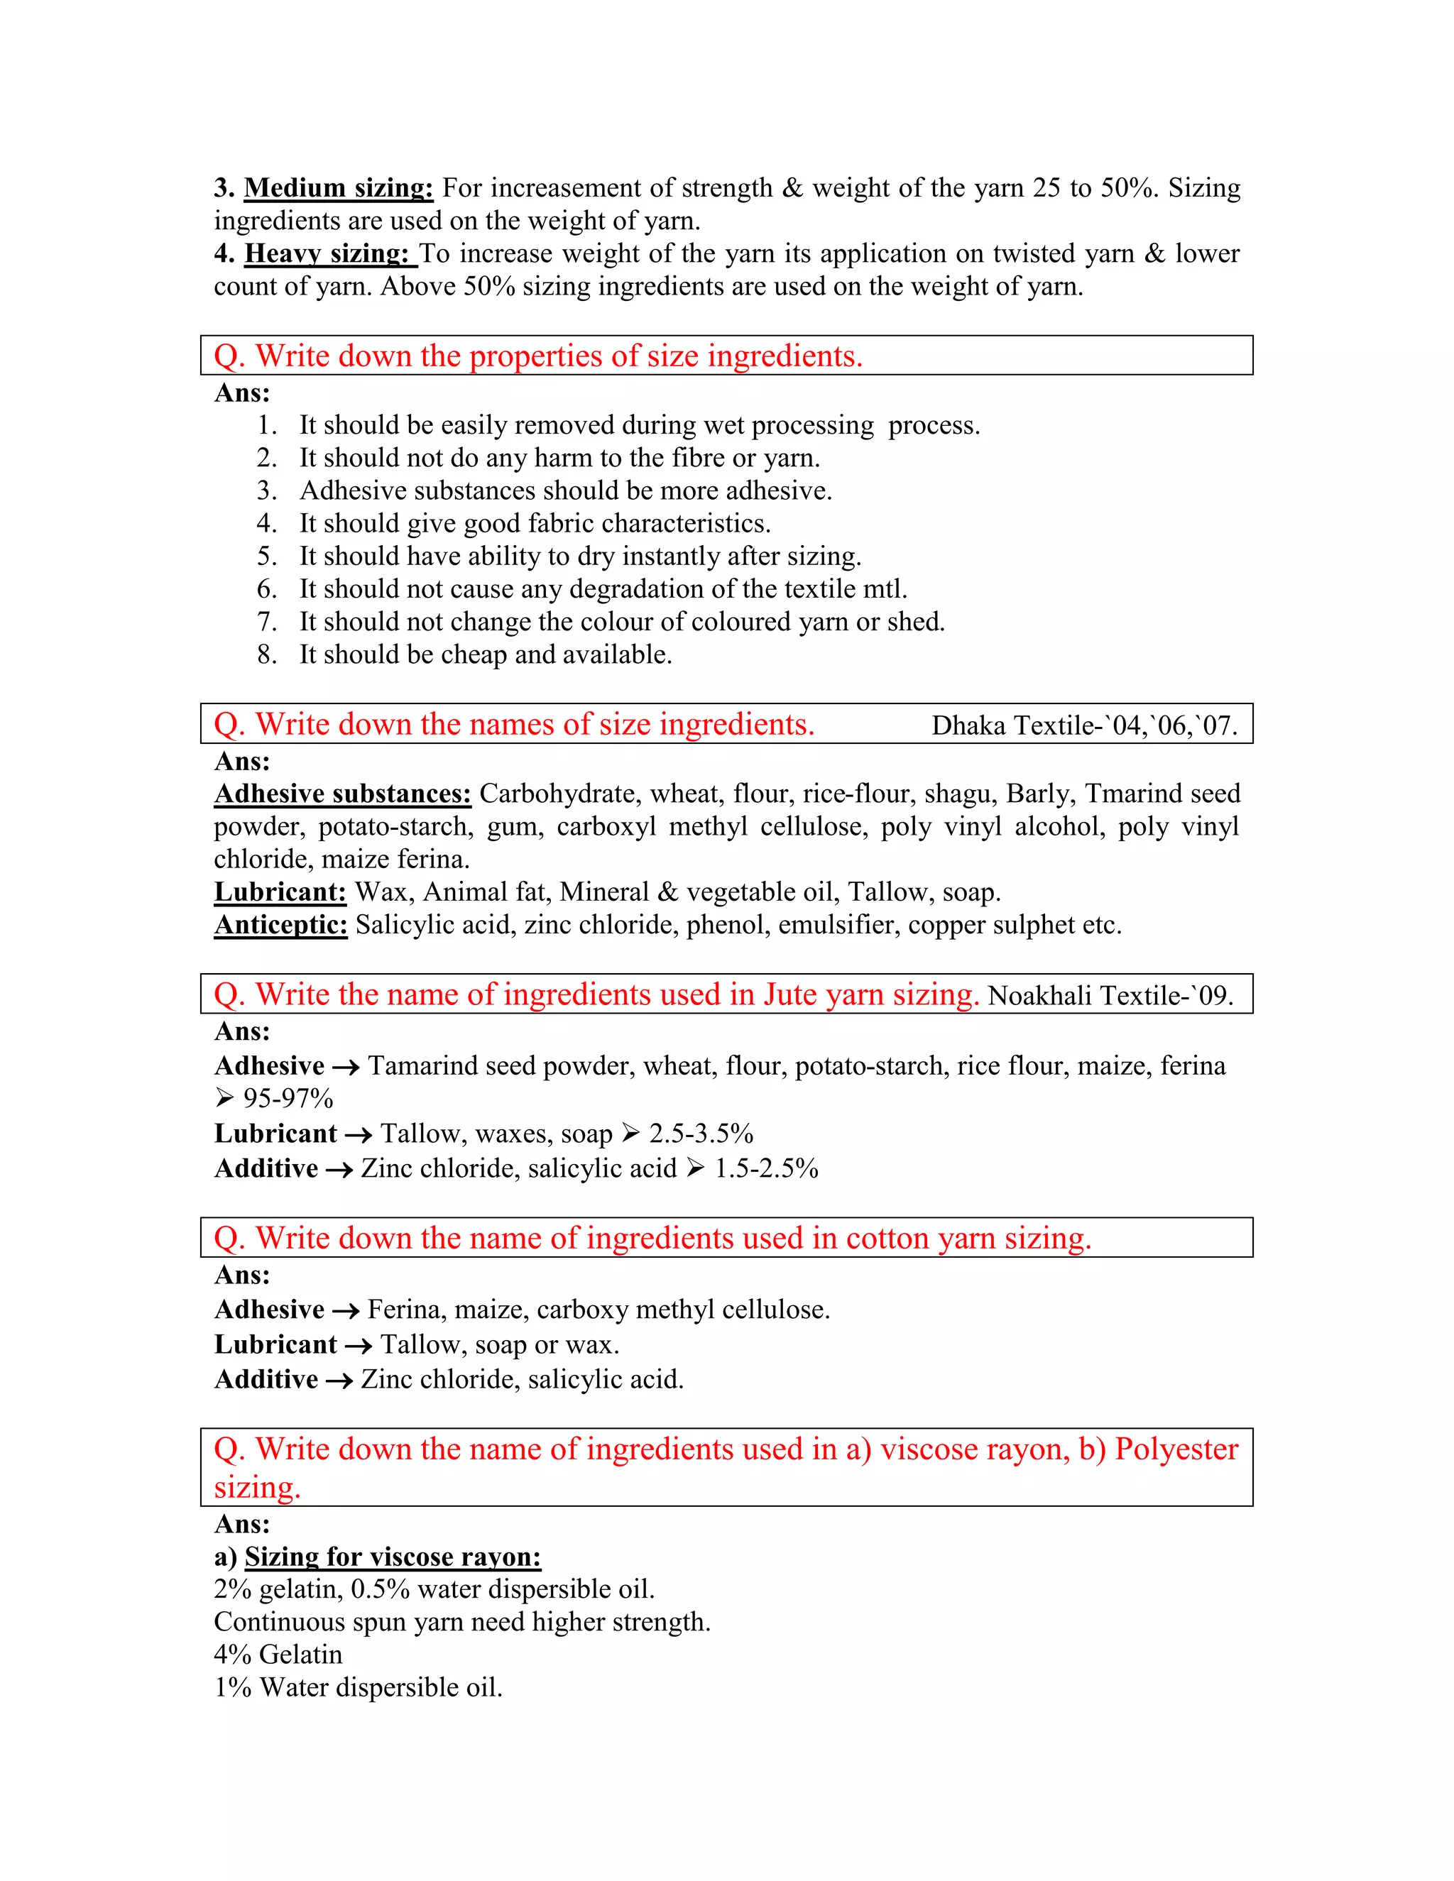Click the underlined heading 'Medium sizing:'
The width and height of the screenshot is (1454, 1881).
339,188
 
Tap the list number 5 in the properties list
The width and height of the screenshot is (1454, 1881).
266,556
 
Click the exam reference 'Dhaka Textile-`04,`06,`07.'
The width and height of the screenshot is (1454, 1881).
1083,725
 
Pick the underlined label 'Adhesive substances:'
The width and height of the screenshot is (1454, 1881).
343,794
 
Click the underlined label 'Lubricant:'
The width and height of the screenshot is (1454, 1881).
280,892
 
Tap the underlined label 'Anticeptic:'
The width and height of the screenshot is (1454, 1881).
281,924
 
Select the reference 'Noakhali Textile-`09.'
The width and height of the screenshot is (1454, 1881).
1110,996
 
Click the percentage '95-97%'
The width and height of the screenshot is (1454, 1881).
288,1098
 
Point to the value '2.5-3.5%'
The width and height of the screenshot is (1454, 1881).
701,1134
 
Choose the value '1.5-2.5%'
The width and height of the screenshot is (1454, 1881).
766,1169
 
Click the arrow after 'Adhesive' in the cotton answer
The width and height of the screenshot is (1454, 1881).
346,1311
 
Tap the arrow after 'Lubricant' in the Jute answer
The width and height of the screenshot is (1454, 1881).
359,1135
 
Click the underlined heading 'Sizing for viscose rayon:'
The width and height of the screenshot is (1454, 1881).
393,1557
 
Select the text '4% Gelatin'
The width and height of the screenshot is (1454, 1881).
278,1655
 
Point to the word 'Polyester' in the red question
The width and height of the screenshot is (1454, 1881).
1176,1449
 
